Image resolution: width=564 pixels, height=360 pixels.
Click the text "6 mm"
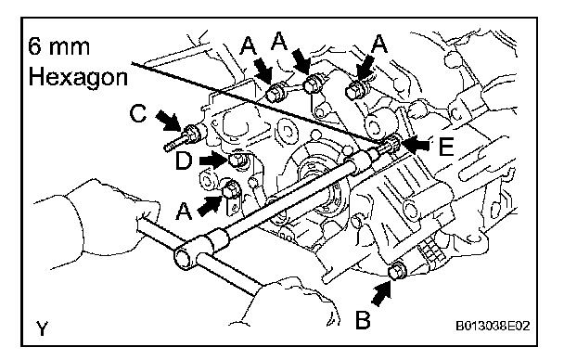pos(58,46)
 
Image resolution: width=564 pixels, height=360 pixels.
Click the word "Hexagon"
pos(78,78)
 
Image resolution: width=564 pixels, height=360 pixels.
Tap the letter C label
pos(138,113)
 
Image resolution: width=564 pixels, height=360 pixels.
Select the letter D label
pos(184,161)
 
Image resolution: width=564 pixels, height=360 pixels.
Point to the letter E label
pos(446,147)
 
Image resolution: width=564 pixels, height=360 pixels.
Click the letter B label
pos(363,319)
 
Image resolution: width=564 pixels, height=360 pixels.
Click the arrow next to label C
pos(168,122)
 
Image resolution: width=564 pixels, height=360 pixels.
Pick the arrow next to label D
pos(214,160)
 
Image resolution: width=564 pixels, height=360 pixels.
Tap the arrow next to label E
pos(416,145)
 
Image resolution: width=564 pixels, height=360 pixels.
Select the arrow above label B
pos(381,294)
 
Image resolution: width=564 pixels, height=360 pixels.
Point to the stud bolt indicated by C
pos(185,137)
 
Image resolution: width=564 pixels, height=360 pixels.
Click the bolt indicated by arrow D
pos(237,160)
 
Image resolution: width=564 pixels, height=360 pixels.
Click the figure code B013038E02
pos(493,327)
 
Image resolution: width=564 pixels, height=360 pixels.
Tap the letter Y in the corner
pos(42,328)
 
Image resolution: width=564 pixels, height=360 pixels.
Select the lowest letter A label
pos(184,212)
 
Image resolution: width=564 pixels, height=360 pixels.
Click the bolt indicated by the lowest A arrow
pos(230,190)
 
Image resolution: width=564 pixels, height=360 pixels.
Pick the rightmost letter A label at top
pos(379,45)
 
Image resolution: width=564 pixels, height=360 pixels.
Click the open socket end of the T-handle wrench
pos(184,257)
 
